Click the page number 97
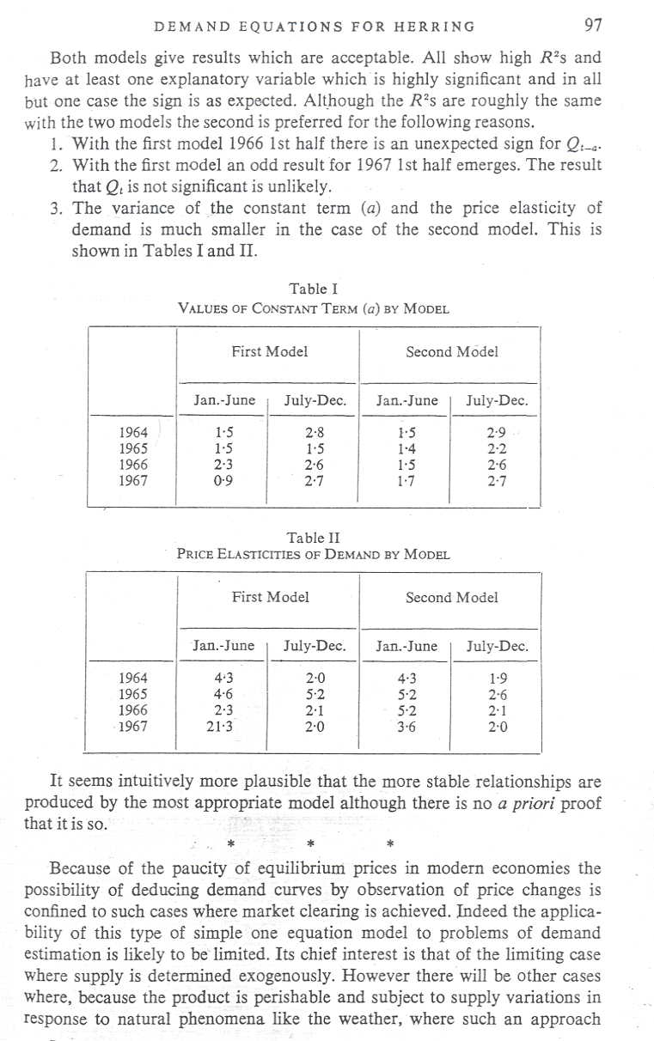coord(592,26)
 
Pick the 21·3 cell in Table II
coord(223,727)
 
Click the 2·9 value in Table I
coord(496,431)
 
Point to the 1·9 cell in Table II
coord(496,678)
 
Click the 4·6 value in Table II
coord(223,694)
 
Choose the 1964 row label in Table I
coord(135,431)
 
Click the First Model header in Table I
coord(269,351)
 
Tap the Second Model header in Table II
coord(451,597)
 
